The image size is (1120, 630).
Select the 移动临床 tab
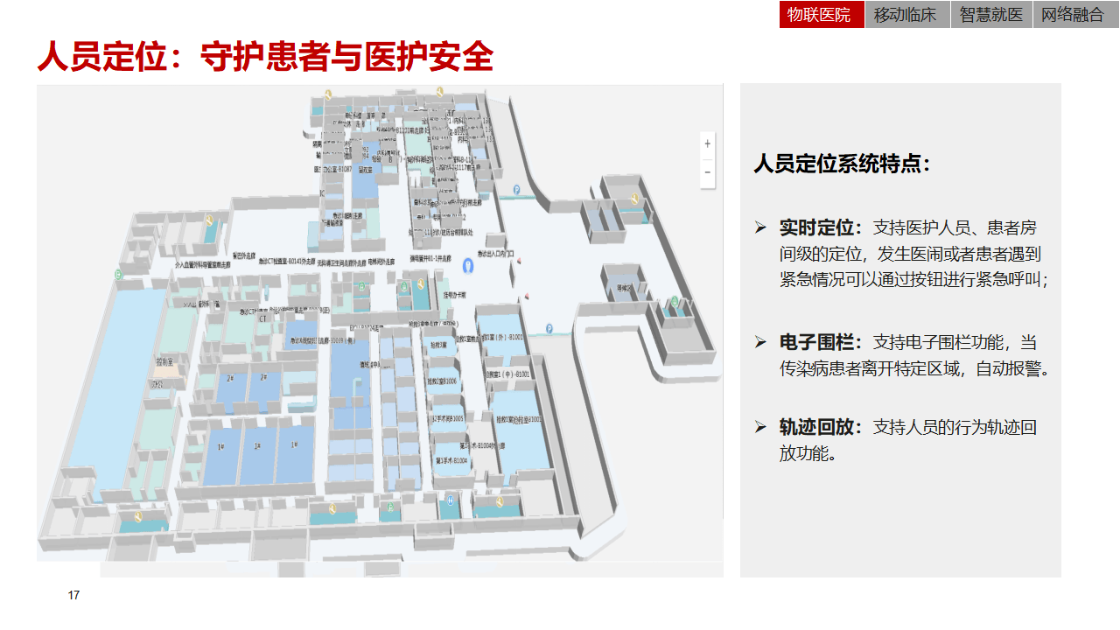(x=906, y=15)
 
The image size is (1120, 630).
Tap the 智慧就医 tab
(x=990, y=15)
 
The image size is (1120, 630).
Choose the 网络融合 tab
(x=1073, y=15)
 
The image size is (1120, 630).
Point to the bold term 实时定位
(x=816, y=228)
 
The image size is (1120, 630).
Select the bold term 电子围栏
(x=816, y=342)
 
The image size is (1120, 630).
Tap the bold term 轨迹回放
(x=816, y=428)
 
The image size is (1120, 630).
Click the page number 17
(x=73, y=596)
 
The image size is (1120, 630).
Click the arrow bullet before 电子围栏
(x=760, y=342)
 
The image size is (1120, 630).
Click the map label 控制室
(x=164, y=361)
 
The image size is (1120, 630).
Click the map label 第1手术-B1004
(x=452, y=459)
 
